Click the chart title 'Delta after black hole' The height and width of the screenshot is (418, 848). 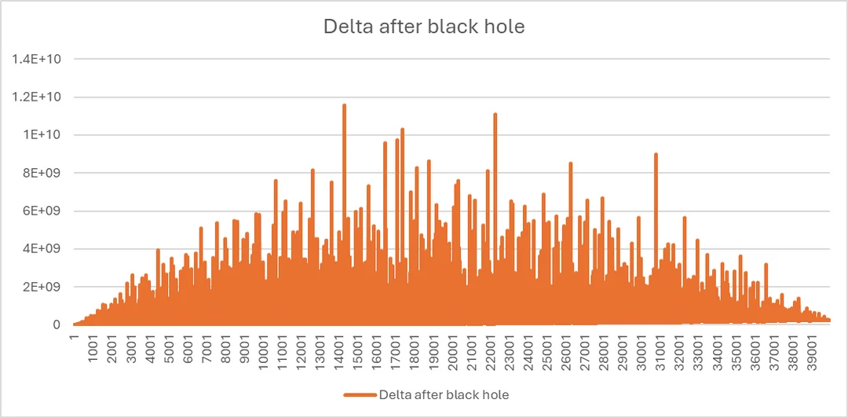[x=424, y=27]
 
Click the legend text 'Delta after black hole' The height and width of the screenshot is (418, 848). [x=447, y=393]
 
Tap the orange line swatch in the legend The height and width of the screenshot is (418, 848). [x=360, y=393]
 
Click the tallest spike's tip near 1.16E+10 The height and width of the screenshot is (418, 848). [x=344, y=105]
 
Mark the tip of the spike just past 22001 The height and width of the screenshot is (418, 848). [x=495, y=115]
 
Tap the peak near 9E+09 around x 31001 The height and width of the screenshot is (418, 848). [x=656, y=155]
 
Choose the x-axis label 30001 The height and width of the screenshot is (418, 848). [x=642, y=352]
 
